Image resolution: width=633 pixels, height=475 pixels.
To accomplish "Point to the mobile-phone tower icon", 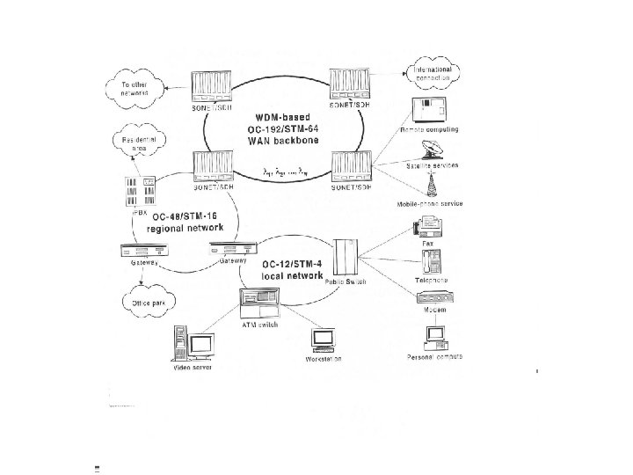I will [432, 187].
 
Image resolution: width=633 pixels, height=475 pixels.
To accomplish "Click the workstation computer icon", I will [323, 340].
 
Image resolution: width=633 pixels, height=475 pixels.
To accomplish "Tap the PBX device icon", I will [142, 192].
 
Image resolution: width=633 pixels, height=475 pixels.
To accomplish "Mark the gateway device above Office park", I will [145, 251].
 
